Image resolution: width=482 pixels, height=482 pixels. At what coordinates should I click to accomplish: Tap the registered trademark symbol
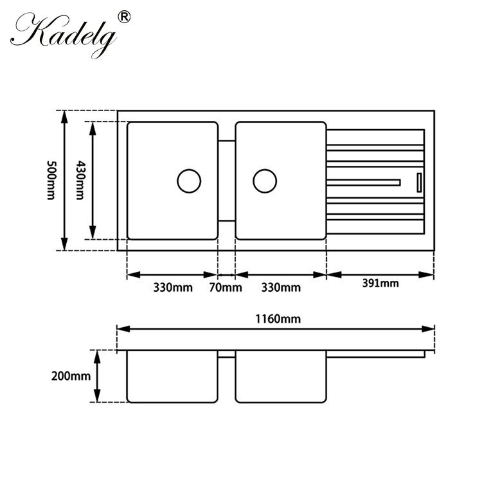(x=124, y=17)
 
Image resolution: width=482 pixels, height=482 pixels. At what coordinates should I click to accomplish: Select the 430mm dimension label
(x=80, y=180)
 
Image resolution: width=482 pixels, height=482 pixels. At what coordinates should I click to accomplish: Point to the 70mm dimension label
(x=226, y=287)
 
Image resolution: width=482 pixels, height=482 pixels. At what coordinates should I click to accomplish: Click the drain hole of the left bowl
(x=189, y=181)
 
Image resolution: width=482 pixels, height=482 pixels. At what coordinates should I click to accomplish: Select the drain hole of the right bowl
(x=265, y=181)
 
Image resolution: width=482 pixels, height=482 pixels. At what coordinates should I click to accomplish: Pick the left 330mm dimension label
(x=172, y=287)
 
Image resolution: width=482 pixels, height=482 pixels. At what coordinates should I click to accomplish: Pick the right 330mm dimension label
(x=281, y=287)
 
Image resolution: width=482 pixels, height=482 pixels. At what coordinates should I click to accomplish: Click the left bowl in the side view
(x=172, y=377)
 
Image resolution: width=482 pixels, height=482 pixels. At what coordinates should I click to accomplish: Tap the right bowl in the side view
(x=280, y=377)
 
